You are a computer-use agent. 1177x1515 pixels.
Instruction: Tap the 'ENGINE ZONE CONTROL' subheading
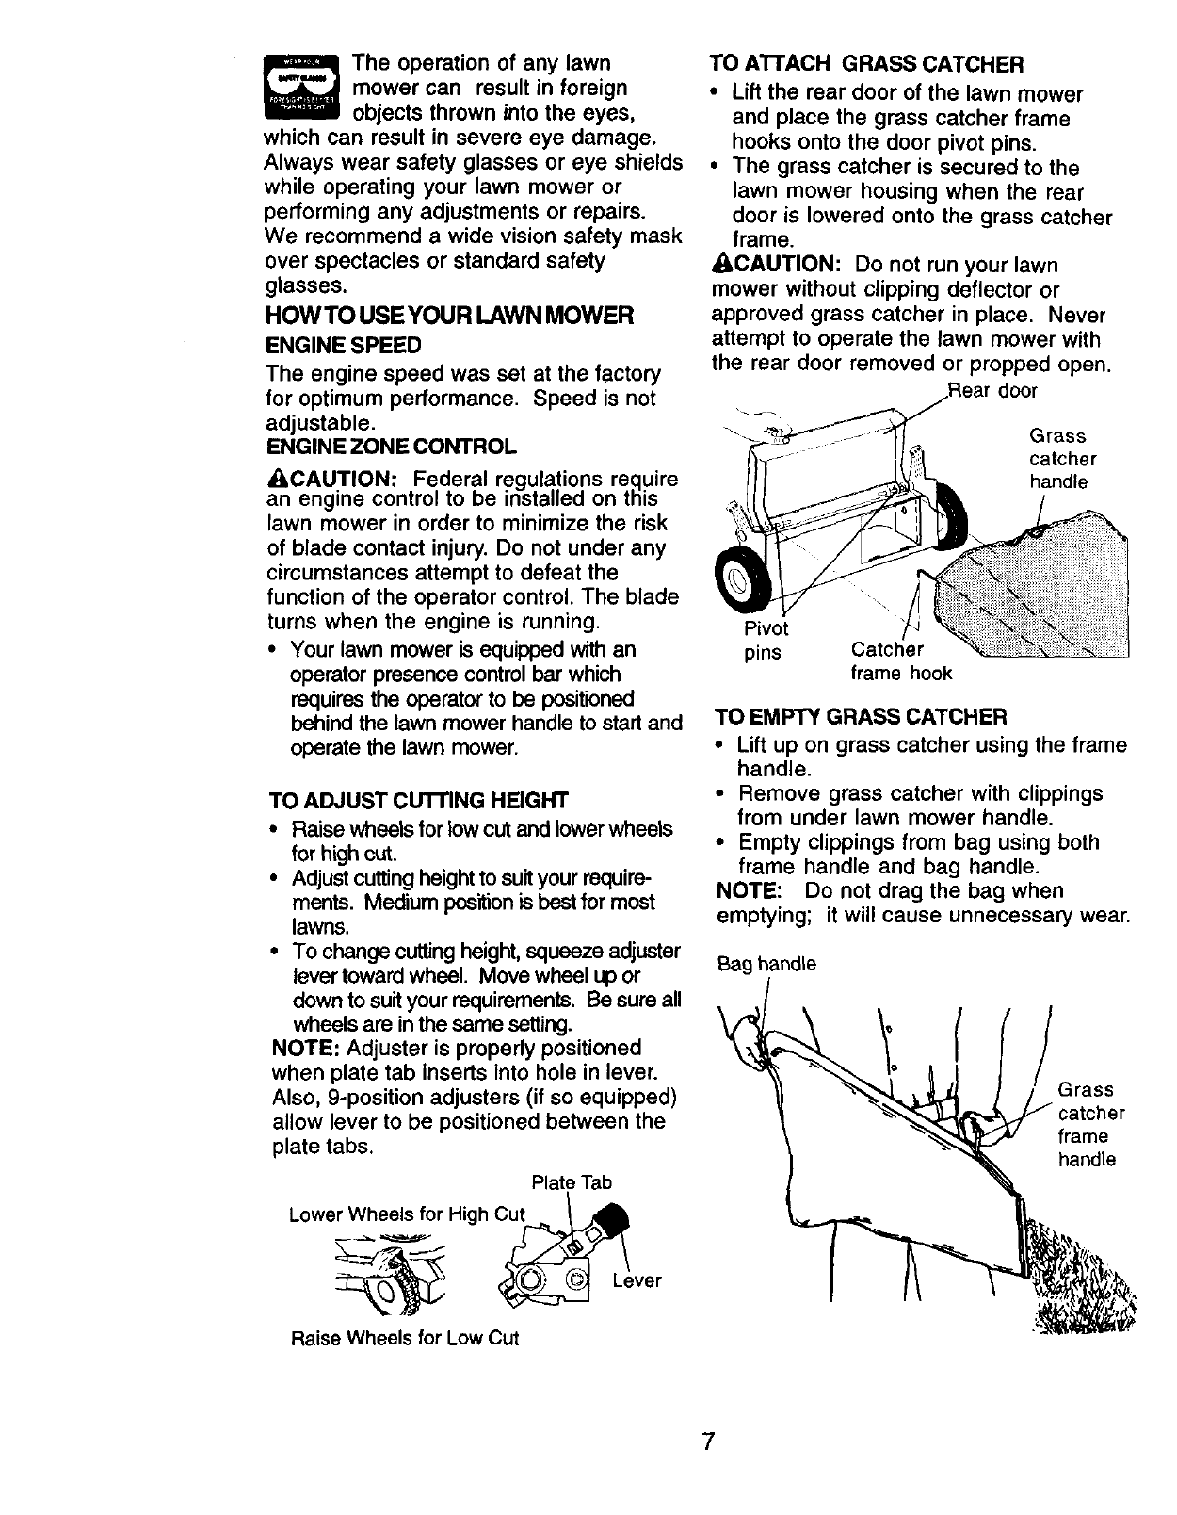pyautogui.click(x=393, y=445)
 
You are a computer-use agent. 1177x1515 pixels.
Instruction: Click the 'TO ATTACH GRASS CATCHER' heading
pyautogui.click(x=866, y=64)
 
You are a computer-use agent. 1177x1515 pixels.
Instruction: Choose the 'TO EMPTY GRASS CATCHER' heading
pyautogui.click(x=860, y=717)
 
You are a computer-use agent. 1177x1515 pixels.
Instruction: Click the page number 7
pyautogui.click(x=708, y=1442)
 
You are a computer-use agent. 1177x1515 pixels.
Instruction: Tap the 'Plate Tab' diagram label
pyautogui.click(x=572, y=1182)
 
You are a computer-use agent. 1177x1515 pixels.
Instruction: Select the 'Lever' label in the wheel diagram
pyautogui.click(x=637, y=1281)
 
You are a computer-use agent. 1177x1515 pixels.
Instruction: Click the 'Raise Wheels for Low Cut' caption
pyautogui.click(x=405, y=1338)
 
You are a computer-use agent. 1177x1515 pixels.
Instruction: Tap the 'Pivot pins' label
pyautogui.click(x=766, y=641)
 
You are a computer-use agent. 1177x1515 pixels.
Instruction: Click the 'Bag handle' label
pyautogui.click(x=766, y=965)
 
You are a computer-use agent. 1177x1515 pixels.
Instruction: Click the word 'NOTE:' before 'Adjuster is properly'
pyautogui.click(x=305, y=1049)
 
